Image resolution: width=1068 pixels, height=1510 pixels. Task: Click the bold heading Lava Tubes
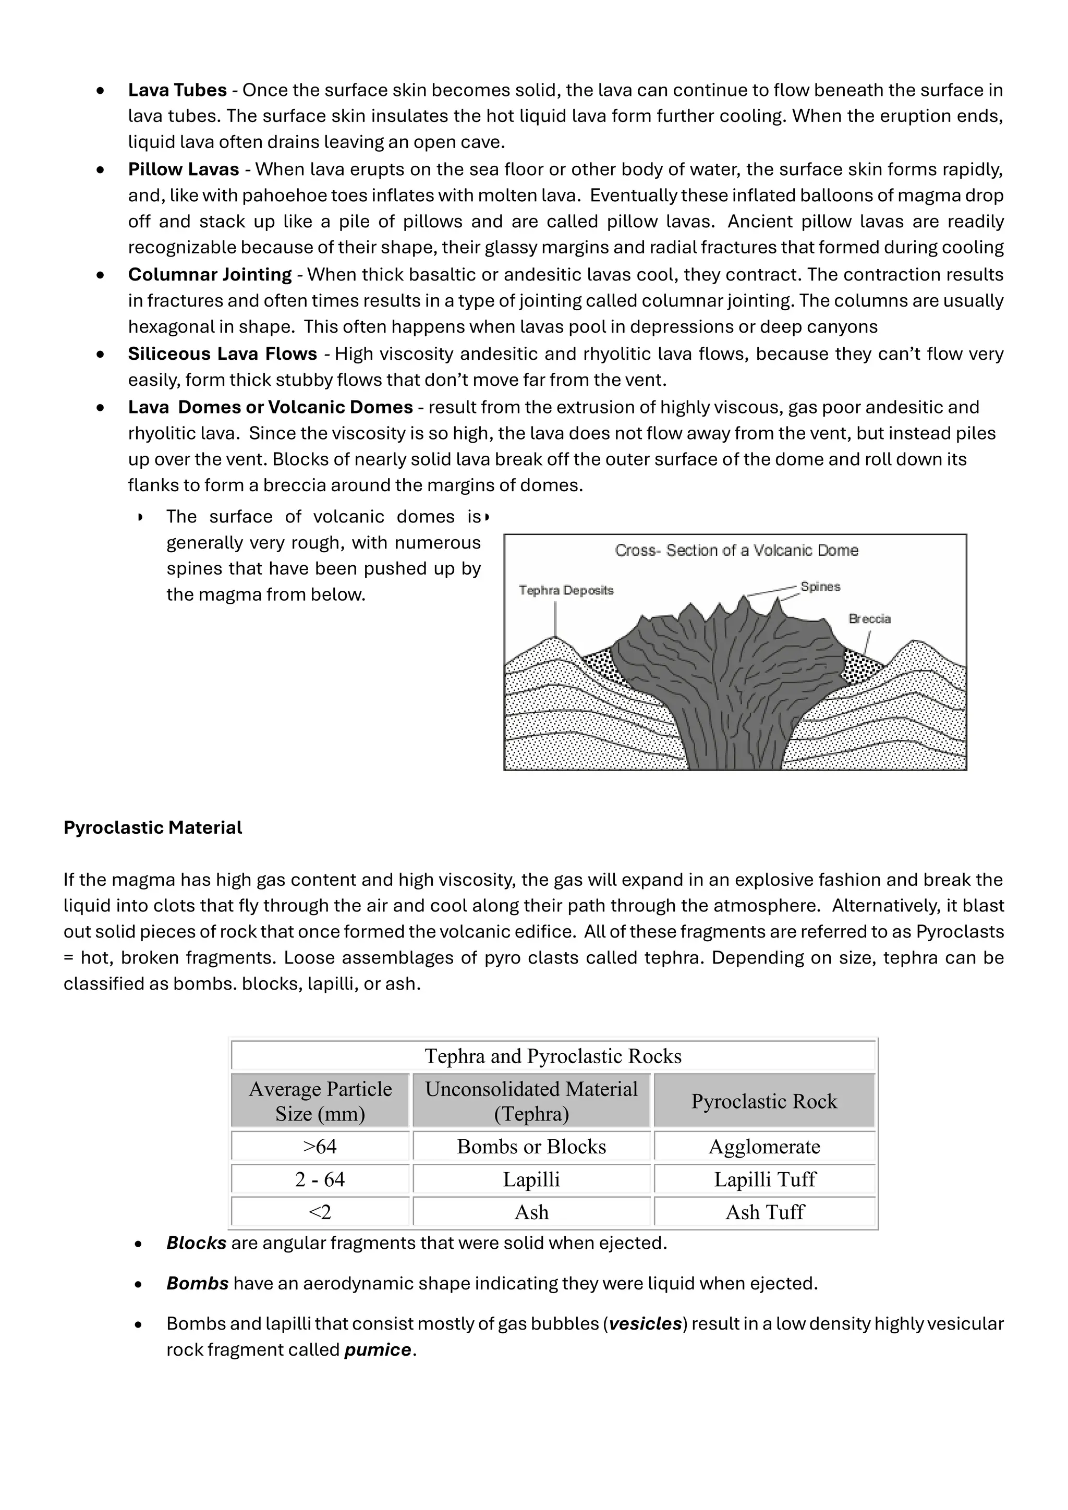pyautogui.click(x=177, y=90)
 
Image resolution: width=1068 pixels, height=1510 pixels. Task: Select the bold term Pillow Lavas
pyautogui.click(x=184, y=169)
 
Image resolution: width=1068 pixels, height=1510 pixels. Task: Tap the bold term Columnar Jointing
pyautogui.click(x=210, y=275)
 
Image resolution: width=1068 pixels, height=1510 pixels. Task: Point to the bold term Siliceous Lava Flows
pyautogui.click(x=222, y=354)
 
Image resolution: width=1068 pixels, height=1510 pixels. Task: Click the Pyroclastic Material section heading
pyautogui.click(x=153, y=827)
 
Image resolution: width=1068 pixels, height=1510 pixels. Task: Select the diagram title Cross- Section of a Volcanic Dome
pyautogui.click(x=736, y=551)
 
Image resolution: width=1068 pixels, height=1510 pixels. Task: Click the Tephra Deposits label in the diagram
pyautogui.click(x=566, y=591)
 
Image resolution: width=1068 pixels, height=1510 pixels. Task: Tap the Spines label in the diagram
pyautogui.click(x=820, y=587)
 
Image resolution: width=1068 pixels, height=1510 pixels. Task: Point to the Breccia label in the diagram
pyautogui.click(x=869, y=619)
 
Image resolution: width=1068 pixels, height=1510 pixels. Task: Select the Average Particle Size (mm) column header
pyautogui.click(x=320, y=1101)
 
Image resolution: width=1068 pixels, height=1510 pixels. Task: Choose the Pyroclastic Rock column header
pyautogui.click(x=764, y=1101)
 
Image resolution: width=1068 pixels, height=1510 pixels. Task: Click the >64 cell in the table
pyautogui.click(x=320, y=1146)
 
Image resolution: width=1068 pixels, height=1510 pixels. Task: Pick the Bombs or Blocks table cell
pyautogui.click(x=531, y=1146)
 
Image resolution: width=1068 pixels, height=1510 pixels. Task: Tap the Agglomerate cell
pyautogui.click(x=764, y=1146)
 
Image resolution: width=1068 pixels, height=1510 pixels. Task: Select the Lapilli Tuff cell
pyautogui.click(x=764, y=1179)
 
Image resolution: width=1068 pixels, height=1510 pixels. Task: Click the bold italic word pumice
pyautogui.click(x=378, y=1350)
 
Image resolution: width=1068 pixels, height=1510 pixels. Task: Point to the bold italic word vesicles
pyautogui.click(x=645, y=1324)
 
